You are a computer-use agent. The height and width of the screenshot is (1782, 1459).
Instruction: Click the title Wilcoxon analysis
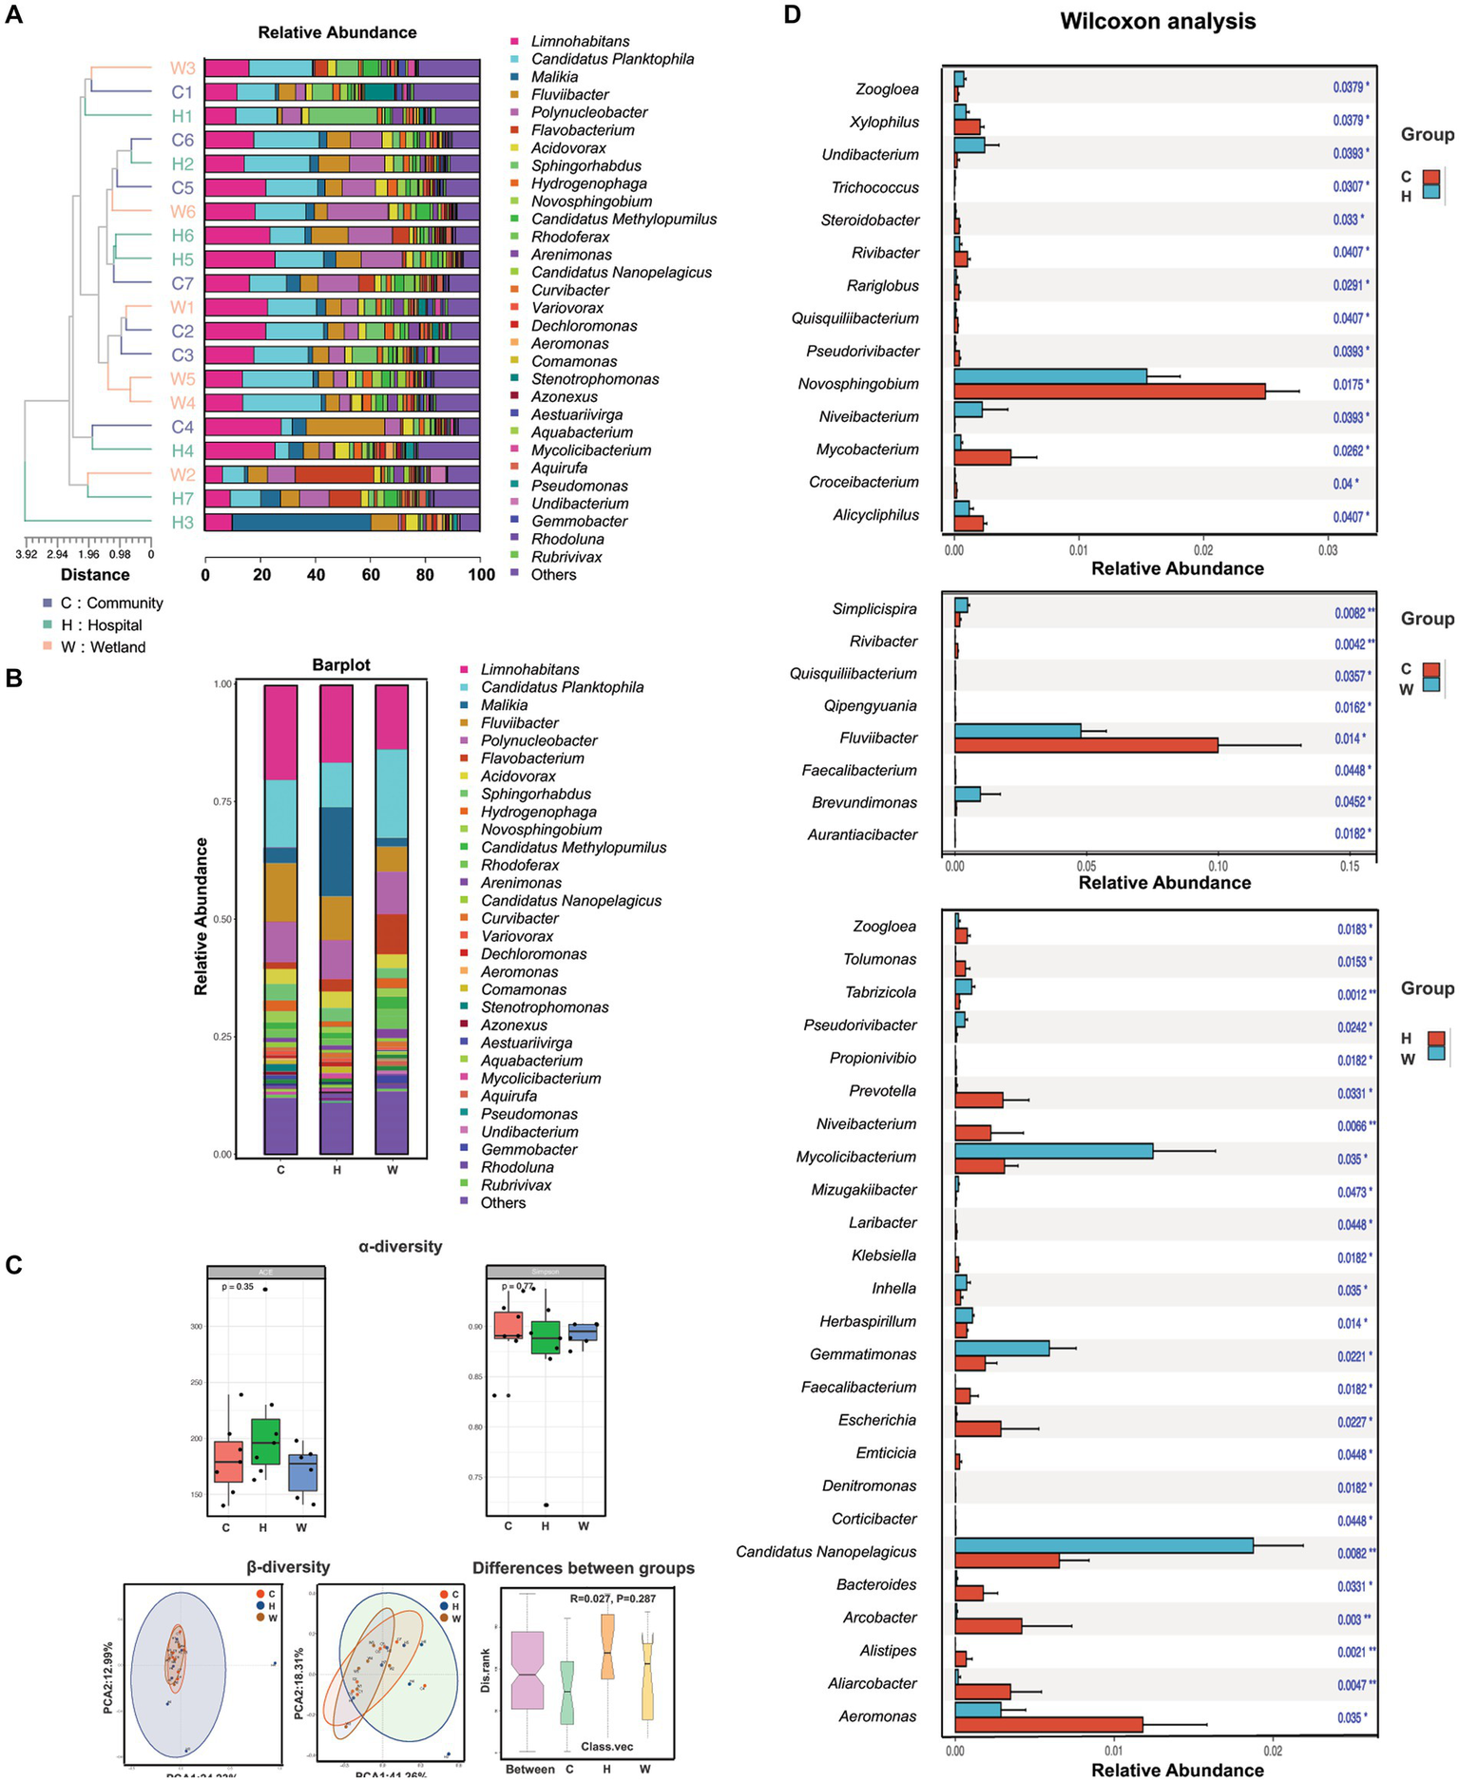point(1157,21)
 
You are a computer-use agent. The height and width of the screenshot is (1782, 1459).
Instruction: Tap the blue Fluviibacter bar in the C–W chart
point(1017,731)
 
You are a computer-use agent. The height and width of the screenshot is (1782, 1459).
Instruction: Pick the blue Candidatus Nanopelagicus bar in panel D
point(1104,1545)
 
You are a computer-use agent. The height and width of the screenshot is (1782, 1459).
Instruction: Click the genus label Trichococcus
point(874,187)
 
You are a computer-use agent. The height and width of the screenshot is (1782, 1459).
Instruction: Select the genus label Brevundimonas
point(864,802)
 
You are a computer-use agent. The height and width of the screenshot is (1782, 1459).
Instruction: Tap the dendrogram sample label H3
point(182,522)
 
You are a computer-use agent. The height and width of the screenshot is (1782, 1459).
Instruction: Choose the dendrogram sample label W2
point(182,474)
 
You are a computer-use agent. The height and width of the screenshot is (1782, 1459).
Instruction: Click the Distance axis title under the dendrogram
point(95,574)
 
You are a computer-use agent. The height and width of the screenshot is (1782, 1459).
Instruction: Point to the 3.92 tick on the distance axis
point(27,554)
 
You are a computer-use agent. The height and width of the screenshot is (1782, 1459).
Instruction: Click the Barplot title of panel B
point(341,665)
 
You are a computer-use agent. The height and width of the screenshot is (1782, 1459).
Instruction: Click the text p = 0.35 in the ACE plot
point(238,1287)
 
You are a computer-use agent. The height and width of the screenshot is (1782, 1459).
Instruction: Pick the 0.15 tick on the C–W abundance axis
point(1349,866)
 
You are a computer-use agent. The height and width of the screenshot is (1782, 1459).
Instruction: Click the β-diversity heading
point(288,1566)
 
